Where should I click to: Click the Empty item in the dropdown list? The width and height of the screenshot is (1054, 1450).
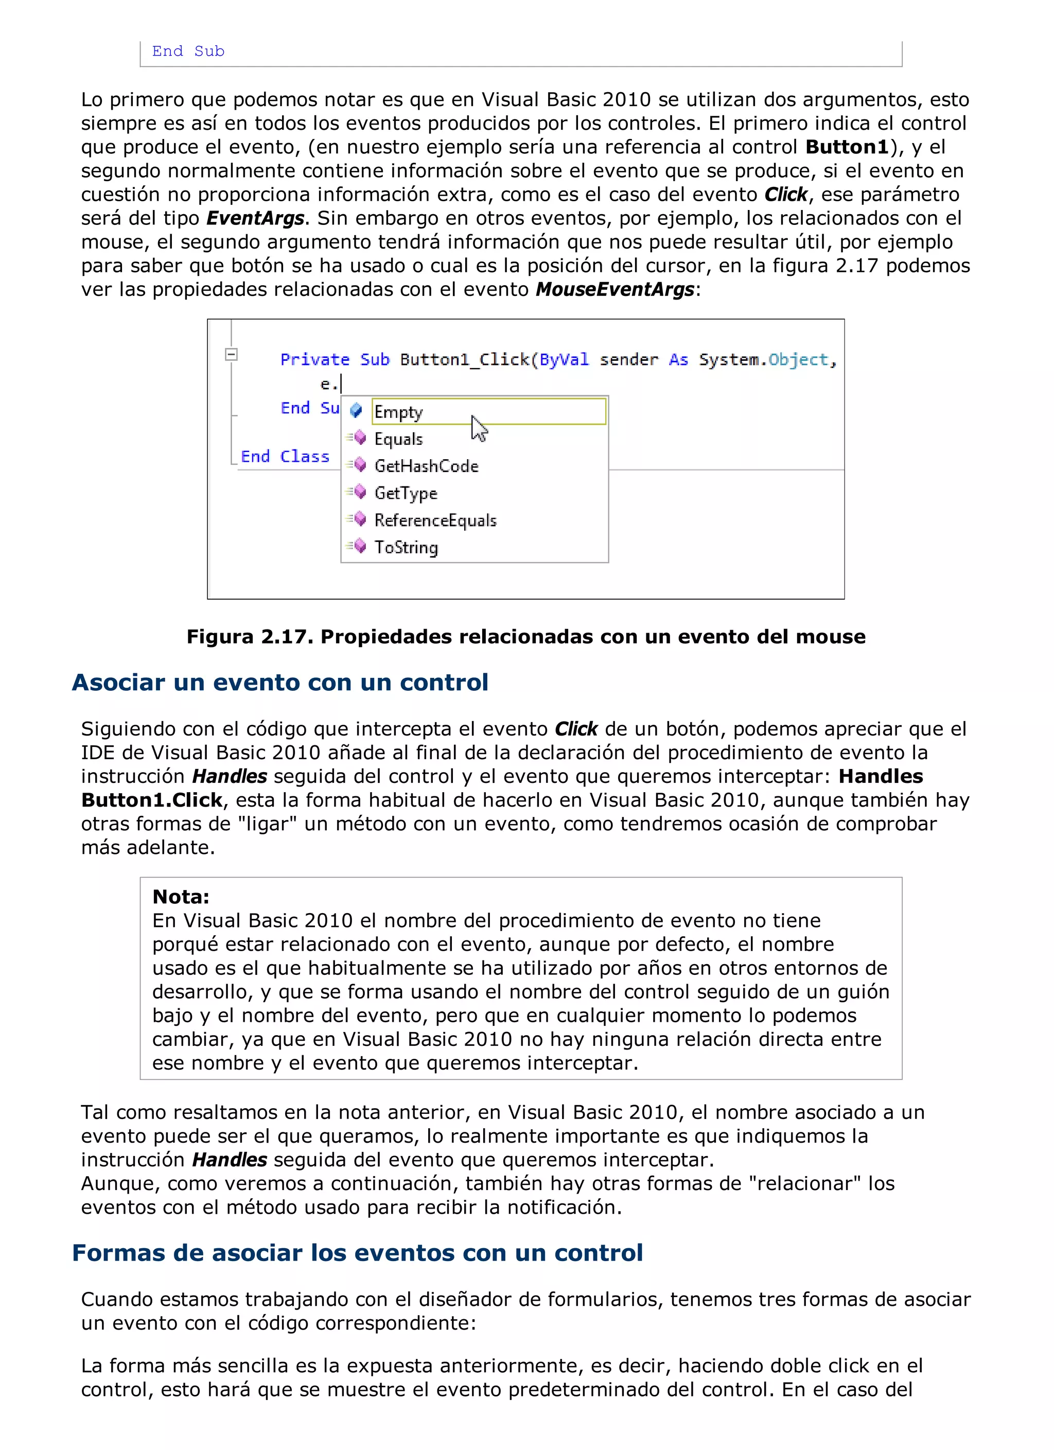point(399,412)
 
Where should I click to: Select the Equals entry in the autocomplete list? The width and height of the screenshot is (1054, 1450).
point(398,439)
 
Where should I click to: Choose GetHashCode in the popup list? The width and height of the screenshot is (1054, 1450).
point(426,466)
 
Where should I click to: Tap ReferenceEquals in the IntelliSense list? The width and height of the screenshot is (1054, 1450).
point(435,520)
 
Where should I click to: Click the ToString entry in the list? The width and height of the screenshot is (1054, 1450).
point(406,547)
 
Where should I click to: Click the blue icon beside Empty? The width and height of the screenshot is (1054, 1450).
point(356,410)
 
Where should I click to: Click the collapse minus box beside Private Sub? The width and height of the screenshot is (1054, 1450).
point(232,354)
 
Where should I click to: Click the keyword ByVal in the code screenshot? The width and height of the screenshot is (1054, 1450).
point(564,359)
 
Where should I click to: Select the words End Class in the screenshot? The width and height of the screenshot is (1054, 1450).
point(285,457)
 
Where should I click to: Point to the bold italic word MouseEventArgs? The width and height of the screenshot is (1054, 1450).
point(615,290)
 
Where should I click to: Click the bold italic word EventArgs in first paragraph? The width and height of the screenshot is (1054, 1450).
point(255,219)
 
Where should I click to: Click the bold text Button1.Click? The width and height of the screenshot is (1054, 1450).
point(151,800)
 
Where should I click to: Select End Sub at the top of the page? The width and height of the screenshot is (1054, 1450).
point(188,51)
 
